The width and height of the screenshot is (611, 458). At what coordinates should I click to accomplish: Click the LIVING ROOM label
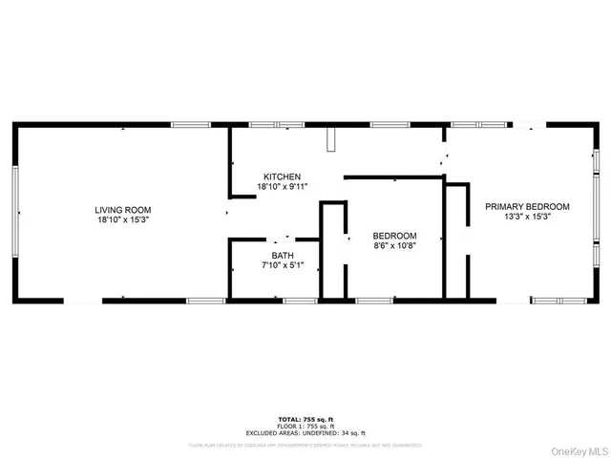pyautogui.click(x=122, y=210)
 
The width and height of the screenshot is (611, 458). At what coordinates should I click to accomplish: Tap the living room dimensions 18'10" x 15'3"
pyautogui.click(x=122, y=220)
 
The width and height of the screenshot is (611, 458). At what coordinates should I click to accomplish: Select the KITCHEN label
pyautogui.click(x=283, y=177)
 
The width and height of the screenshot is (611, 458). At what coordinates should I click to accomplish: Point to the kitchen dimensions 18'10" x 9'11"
pyautogui.click(x=283, y=187)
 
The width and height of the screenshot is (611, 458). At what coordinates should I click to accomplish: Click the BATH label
pyautogui.click(x=283, y=255)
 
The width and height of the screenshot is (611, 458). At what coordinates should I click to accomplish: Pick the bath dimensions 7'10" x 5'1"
pyautogui.click(x=283, y=265)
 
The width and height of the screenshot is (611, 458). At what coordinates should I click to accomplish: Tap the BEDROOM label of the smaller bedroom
pyautogui.click(x=394, y=236)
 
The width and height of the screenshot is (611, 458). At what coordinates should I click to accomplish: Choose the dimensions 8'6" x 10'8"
pyautogui.click(x=394, y=246)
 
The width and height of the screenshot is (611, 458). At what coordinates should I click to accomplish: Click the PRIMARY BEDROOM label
pyautogui.click(x=527, y=206)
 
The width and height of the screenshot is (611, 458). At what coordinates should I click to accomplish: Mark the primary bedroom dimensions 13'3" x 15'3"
pyautogui.click(x=527, y=217)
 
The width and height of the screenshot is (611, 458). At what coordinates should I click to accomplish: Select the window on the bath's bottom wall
pyautogui.click(x=301, y=302)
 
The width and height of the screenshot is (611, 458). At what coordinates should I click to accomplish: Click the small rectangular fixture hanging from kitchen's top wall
pyautogui.click(x=331, y=139)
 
